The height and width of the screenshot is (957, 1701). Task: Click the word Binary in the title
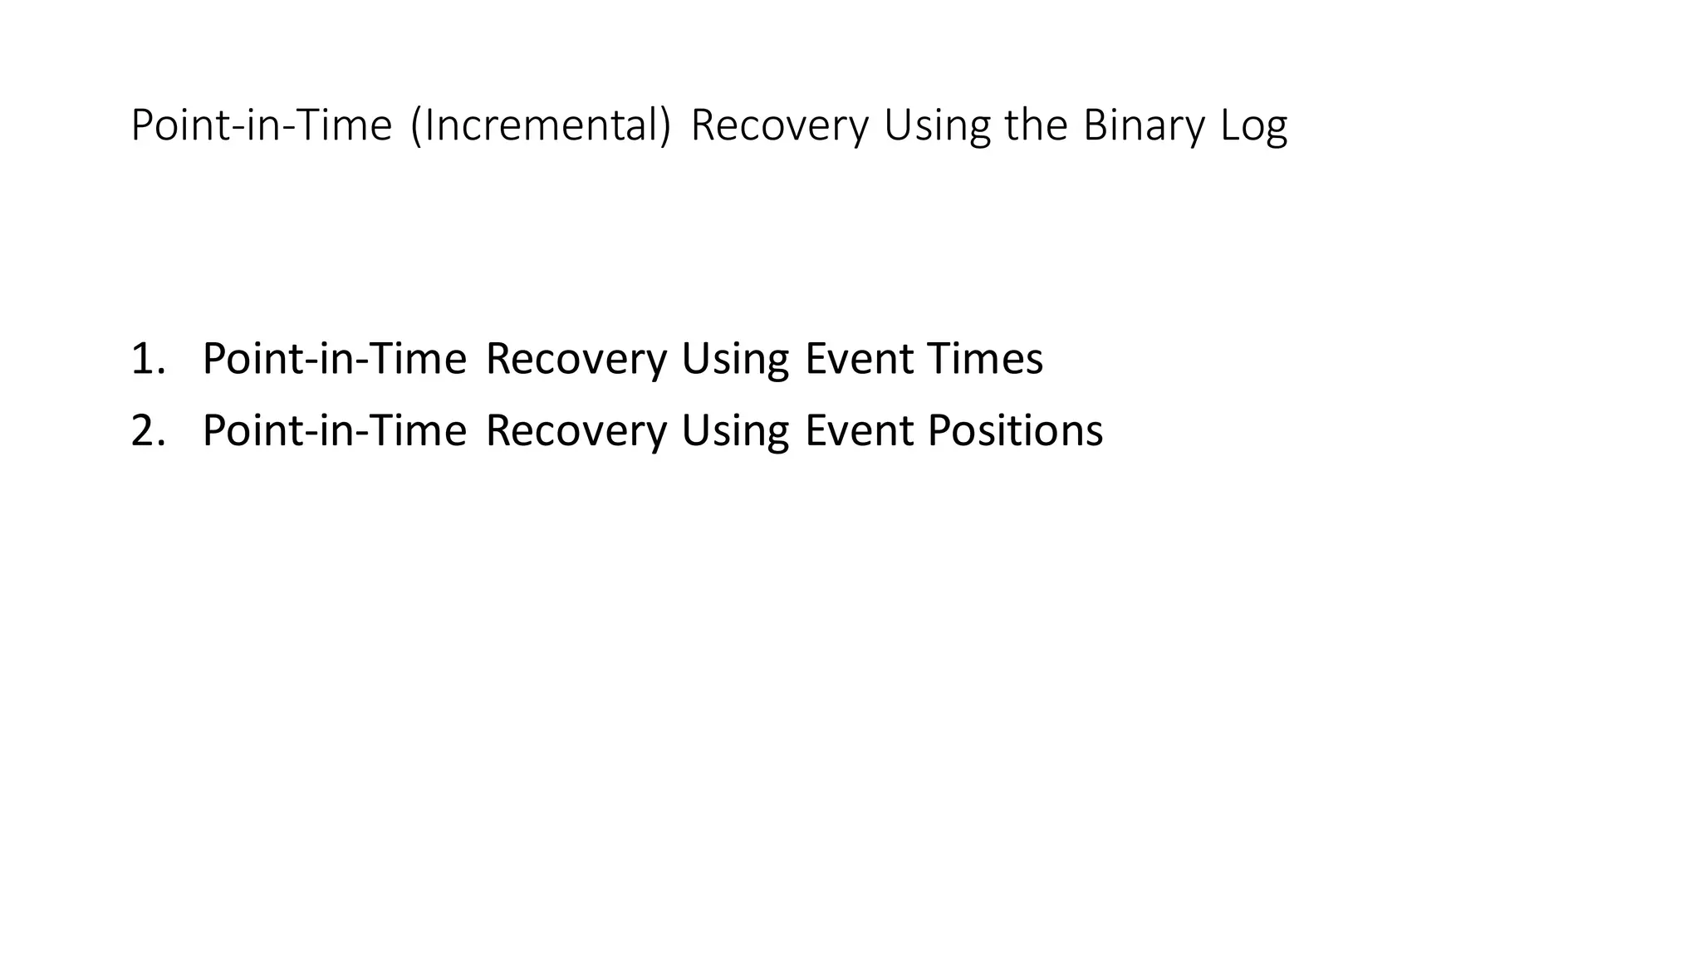pos(1143,126)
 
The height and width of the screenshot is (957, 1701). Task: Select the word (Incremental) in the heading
pos(540,126)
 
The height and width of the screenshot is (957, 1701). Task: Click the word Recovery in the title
pos(778,126)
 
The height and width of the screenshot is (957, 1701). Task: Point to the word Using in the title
pos(936,126)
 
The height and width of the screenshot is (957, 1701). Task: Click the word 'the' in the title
pos(1035,126)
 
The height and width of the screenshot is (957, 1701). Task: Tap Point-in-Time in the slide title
pos(261,126)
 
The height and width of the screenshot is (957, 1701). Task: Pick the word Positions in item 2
pos(1015,431)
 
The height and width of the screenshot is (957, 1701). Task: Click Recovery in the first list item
pos(576,359)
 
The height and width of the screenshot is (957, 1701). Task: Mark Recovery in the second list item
pos(576,431)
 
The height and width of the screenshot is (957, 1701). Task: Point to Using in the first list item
pos(734,361)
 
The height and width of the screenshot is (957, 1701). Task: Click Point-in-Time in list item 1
pos(334,359)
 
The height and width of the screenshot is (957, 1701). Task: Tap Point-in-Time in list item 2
pos(334,431)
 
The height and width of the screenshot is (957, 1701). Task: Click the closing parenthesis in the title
pos(664,126)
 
